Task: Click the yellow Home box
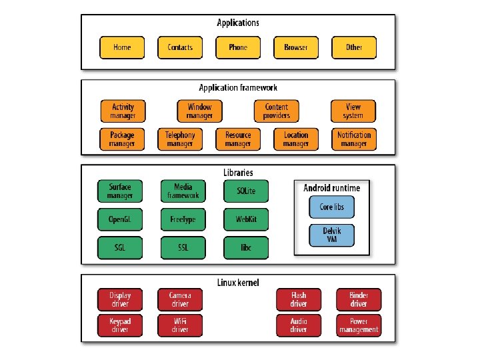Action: click(122, 47)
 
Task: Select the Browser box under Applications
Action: click(296, 47)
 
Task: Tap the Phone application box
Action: click(238, 47)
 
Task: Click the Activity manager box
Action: click(123, 111)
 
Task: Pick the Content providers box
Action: click(277, 111)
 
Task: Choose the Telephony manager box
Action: click(180, 139)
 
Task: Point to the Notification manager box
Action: click(354, 139)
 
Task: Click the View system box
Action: click(353, 111)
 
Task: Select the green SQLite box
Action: click(246, 191)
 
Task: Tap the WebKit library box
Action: click(246, 219)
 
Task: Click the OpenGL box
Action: click(120, 219)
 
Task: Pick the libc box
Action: click(246, 247)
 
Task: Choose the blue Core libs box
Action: click(331, 207)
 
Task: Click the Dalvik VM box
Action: click(331, 235)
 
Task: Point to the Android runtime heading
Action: click(331, 188)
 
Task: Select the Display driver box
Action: click(120, 299)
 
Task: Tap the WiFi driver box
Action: click(180, 325)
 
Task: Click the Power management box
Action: click(359, 325)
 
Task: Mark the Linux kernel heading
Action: click(238, 283)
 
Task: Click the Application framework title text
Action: click(238, 87)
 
